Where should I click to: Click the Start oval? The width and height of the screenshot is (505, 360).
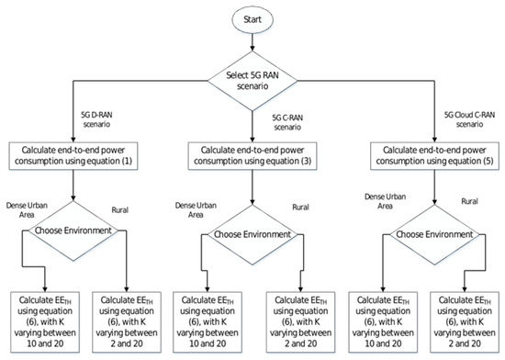coord(252,19)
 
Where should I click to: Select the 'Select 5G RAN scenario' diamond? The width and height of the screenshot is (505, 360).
coord(252,81)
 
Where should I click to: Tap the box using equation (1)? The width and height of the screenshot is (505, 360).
coord(73,156)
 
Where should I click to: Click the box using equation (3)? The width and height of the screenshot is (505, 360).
coord(252,156)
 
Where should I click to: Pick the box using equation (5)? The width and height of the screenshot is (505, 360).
coord(435,156)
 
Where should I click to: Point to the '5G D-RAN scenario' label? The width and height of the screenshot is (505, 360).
coord(96,119)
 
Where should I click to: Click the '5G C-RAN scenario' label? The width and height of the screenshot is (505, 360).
coord(287,122)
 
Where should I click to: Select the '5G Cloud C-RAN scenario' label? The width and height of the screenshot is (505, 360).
coord(469,119)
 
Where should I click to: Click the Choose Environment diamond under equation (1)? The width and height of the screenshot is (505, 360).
coord(73,231)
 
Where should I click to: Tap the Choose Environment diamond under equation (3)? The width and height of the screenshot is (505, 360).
coord(252,234)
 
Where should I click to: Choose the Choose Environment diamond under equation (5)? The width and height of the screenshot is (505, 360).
coord(435,234)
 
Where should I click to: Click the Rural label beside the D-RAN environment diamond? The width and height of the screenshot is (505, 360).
coord(119,210)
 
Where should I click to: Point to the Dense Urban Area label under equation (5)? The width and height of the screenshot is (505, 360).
coord(386,201)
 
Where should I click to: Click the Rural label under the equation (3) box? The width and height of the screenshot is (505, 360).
coord(300,207)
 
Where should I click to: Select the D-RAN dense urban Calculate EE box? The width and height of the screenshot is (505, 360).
coord(45,322)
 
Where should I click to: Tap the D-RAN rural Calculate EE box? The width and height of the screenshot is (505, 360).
coord(127,322)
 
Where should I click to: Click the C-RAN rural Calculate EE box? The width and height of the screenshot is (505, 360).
coord(300,322)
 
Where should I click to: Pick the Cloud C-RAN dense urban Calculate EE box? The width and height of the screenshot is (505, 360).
coord(383,322)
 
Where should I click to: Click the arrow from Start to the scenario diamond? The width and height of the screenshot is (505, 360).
coord(252,42)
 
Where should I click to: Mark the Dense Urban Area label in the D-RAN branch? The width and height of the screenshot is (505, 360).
coord(27,210)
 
